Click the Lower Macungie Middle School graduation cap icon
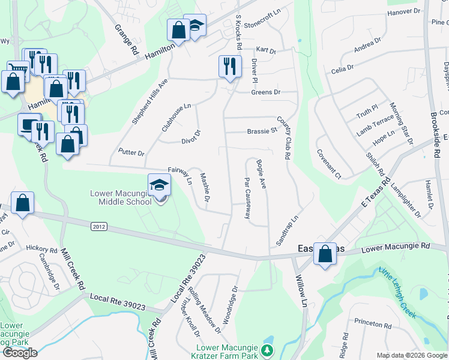click(159, 185)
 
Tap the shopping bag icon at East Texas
click(325, 253)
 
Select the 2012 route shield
click(100, 227)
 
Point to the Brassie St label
click(262, 130)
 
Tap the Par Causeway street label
click(247, 198)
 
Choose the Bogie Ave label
click(261, 173)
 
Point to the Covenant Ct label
click(329, 164)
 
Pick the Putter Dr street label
click(131, 152)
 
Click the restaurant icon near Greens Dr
click(229, 67)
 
